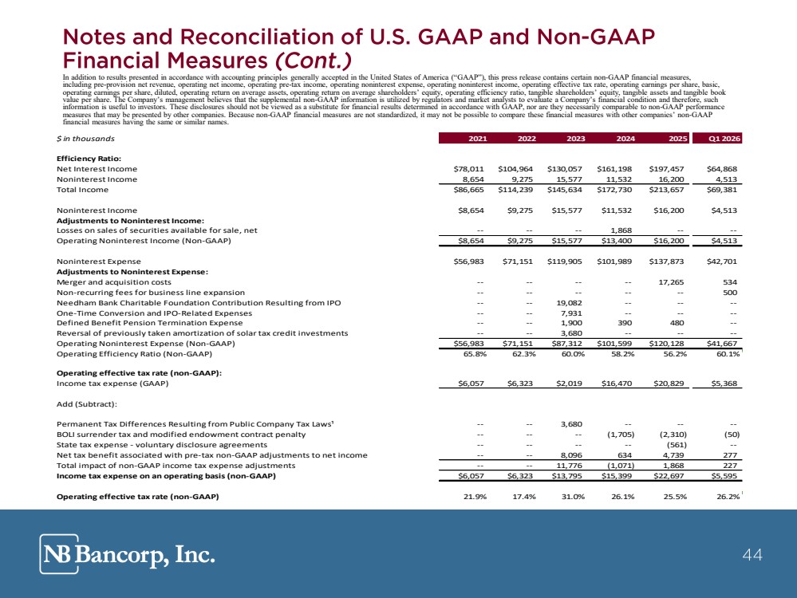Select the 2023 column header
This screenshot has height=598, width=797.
point(576,138)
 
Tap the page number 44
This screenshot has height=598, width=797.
point(752,554)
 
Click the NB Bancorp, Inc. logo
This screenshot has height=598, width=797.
point(127,554)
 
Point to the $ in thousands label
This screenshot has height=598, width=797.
point(85,138)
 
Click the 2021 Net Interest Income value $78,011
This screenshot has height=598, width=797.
point(468,169)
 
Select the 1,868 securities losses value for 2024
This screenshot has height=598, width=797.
point(621,230)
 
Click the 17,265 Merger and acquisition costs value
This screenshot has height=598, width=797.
point(671,282)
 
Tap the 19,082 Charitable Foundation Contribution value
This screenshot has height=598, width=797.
point(570,303)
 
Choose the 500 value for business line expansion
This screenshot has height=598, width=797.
point(730,293)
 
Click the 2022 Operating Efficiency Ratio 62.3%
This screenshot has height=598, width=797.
point(524,354)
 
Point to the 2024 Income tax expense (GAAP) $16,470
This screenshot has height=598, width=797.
point(617,384)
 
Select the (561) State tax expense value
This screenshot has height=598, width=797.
point(677,445)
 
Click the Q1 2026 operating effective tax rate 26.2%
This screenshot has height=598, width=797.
point(728,497)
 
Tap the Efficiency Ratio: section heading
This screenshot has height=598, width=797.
point(89,159)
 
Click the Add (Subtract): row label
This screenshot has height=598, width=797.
point(87,404)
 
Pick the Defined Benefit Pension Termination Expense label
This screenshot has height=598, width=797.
point(149,323)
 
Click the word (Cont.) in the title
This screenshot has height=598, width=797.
point(313,61)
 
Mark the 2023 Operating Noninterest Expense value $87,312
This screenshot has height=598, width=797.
point(566,344)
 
